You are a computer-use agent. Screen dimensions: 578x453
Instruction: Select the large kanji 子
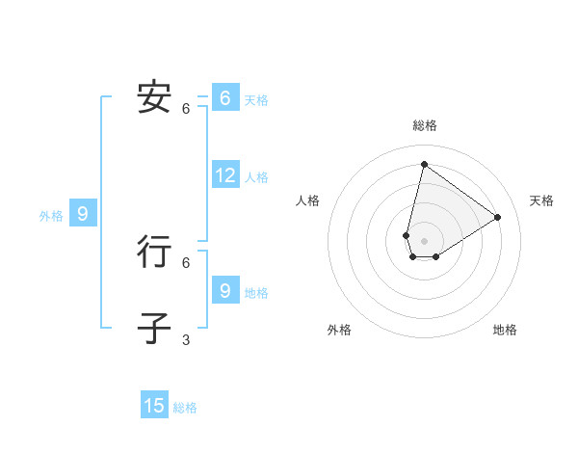point(154,328)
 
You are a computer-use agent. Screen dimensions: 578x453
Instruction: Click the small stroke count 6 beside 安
point(186,109)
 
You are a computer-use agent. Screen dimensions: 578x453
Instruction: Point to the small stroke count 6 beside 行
point(186,262)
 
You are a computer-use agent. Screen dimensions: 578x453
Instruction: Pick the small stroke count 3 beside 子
point(186,340)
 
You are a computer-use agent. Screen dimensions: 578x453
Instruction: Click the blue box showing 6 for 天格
point(224,97)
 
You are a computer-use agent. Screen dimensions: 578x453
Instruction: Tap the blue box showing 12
point(225,175)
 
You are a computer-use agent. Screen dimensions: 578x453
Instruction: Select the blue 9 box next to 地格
point(224,289)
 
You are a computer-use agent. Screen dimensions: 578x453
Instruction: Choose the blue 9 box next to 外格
point(82,214)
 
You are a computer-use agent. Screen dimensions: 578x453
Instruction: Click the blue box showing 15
point(154,406)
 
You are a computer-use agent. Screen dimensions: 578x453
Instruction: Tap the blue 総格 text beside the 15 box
point(185,408)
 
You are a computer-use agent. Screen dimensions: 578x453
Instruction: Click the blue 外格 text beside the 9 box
point(51,216)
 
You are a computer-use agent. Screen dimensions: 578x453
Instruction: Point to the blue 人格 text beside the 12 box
point(256,177)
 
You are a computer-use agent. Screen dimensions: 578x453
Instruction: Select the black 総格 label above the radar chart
point(424,125)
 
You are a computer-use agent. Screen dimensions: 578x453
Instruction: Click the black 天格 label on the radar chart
point(541,200)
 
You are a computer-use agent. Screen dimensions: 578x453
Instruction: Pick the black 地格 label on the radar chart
point(505,330)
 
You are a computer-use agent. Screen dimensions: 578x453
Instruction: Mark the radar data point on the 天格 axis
point(498,217)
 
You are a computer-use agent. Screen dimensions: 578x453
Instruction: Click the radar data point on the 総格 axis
point(424,164)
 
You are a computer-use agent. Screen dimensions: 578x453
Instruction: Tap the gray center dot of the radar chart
point(424,241)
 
